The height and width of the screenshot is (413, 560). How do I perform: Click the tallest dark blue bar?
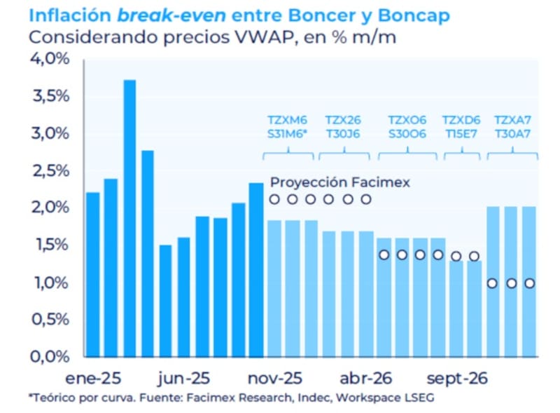coord(129,217)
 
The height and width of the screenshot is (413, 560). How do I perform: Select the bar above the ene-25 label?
coord(92,273)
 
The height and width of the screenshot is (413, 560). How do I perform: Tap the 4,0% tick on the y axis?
coord(51,59)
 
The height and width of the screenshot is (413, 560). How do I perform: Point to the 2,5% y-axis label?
coord(51,171)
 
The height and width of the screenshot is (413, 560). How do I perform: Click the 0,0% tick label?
coord(51,357)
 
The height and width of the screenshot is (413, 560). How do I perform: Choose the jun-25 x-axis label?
coord(183,379)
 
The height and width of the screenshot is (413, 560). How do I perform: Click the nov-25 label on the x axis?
coord(274,379)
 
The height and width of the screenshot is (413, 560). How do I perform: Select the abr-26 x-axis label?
coord(365,379)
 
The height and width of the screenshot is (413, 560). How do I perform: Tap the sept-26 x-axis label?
coord(456,379)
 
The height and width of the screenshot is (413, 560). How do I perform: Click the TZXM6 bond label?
coord(288,120)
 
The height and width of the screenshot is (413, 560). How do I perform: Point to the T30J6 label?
coord(343,134)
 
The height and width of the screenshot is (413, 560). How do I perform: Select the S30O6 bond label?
coord(407,134)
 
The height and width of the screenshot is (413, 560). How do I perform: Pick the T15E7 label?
coord(462,134)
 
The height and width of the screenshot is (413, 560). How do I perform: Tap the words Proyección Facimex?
coord(339,182)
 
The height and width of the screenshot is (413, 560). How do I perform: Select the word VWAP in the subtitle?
coord(262,36)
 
